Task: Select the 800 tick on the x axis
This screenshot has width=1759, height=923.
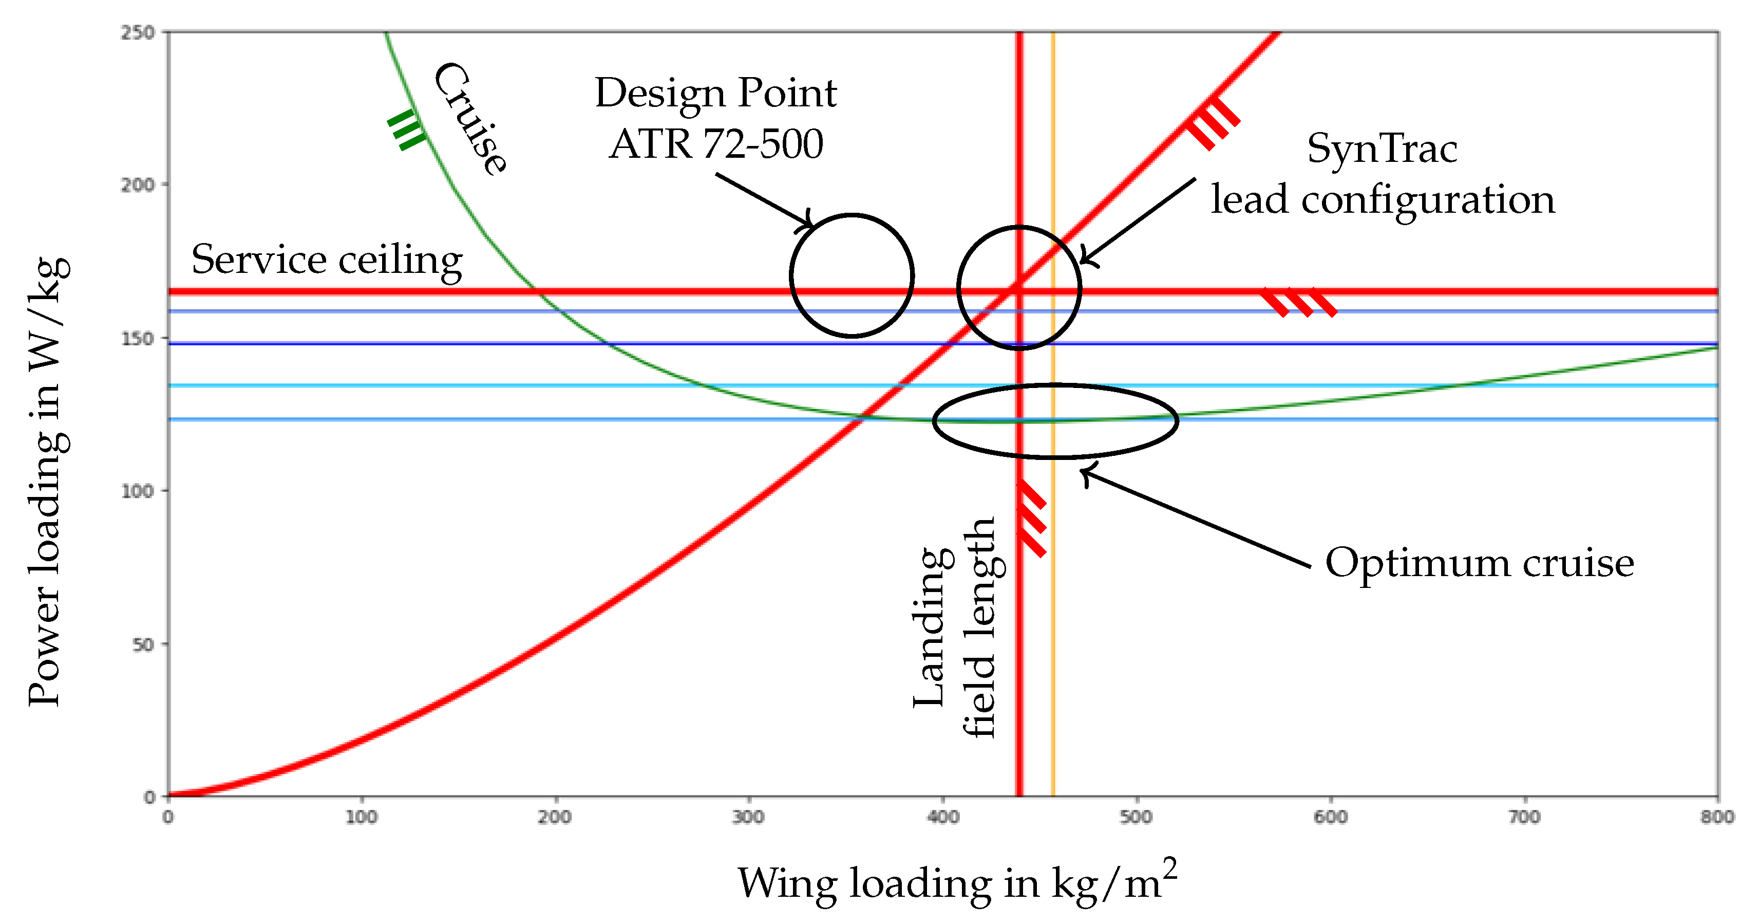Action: point(1717,817)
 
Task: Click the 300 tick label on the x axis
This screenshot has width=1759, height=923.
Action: point(748,817)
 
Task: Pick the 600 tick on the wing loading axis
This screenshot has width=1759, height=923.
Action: point(1330,817)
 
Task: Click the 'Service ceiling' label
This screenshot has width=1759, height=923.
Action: point(327,260)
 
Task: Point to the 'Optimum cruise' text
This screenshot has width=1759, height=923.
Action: point(1479,563)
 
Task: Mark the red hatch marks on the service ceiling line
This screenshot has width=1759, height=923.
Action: point(1297,302)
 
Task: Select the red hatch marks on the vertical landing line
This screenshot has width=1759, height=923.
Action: point(1032,519)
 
